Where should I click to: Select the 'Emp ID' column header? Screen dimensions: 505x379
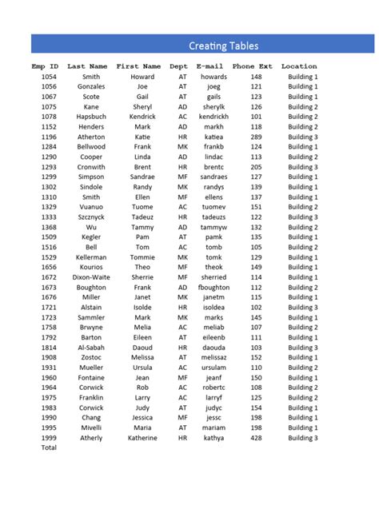tap(45, 66)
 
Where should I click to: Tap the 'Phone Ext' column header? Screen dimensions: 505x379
tap(253, 66)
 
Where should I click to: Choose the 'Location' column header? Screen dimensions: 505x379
tap(299, 66)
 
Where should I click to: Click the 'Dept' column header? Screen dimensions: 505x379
tap(179, 66)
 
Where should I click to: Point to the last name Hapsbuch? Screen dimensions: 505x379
tap(91, 117)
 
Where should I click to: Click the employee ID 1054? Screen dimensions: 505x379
tap(49, 77)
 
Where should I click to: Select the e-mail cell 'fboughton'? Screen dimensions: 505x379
tap(213, 288)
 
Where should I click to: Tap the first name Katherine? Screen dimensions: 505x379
tap(142, 438)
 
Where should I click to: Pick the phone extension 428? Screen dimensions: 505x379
tap(256, 438)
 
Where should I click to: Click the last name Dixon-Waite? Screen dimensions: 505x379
tap(91, 277)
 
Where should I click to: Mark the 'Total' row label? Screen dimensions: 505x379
tap(49, 448)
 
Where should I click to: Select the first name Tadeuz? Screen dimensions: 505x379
tap(142, 217)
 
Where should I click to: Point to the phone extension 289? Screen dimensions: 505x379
tap(256, 137)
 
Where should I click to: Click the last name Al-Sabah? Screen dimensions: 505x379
tap(91, 348)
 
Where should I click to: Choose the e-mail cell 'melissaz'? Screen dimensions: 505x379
tap(213, 358)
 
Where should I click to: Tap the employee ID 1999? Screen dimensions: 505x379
tap(49, 438)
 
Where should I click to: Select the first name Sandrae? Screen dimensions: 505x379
tap(142, 177)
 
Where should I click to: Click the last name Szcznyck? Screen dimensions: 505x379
tap(91, 217)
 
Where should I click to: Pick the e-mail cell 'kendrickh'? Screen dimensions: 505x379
tap(213, 117)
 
